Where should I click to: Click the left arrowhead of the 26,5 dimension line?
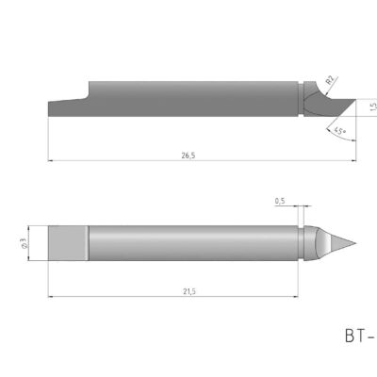coord(50,161)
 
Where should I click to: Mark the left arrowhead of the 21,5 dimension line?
coord(50,297)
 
